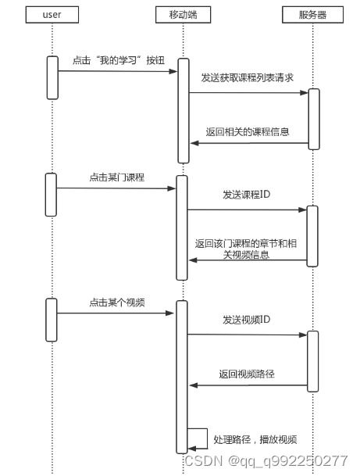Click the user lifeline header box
pyautogui.click(x=52, y=15)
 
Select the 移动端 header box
pyautogui.click(x=183, y=15)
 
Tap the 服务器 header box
pyautogui.click(x=312, y=15)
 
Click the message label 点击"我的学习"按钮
pyautogui.click(x=119, y=60)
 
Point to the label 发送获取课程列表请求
pyautogui.click(x=248, y=77)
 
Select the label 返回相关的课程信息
pyautogui.click(x=248, y=132)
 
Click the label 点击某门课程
pyautogui.click(x=117, y=177)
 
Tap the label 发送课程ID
pyautogui.click(x=246, y=195)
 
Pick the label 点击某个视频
pyautogui.click(x=117, y=302)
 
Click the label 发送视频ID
pyautogui.click(x=246, y=320)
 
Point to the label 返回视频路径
pyautogui.click(x=247, y=374)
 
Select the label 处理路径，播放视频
pyautogui.click(x=255, y=439)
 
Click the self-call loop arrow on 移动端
pyautogui.click(x=207, y=438)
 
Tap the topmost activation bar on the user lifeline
pyautogui.click(x=52, y=77)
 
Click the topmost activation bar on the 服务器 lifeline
pyautogui.click(x=314, y=119)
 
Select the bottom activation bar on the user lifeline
pyautogui.click(x=52, y=320)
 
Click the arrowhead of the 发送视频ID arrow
pyautogui.click(x=303, y=335)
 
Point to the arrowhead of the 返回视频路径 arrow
pyautogui.click(x=194, y=385)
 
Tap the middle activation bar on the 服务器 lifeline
pyautogui.click(x=312, y=236)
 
